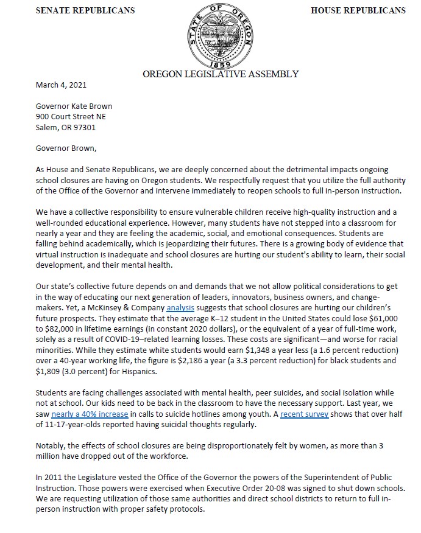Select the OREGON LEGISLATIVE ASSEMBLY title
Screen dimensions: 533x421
coord(221,74)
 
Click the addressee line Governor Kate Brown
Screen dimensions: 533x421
coord(74,106)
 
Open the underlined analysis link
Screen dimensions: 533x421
coord(180,308)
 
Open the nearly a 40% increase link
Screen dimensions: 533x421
coord(82,414)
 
